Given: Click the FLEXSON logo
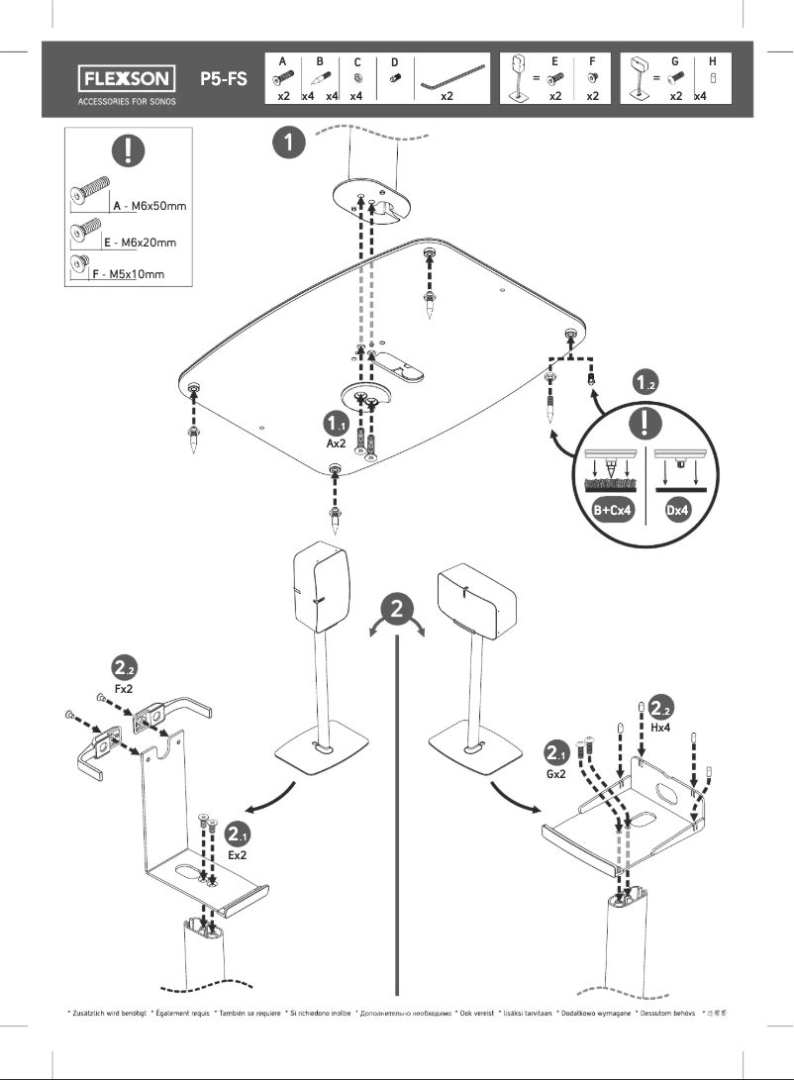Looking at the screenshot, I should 126,78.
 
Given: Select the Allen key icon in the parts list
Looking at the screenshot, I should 451,76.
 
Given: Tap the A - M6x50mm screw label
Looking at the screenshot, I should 149,205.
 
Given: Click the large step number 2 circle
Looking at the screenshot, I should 397,609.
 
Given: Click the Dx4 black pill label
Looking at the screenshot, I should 678,511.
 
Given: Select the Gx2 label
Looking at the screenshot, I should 556,773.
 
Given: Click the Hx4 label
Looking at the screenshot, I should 660,727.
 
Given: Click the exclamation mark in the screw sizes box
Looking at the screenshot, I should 129,152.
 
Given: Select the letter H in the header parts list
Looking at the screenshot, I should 712,61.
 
